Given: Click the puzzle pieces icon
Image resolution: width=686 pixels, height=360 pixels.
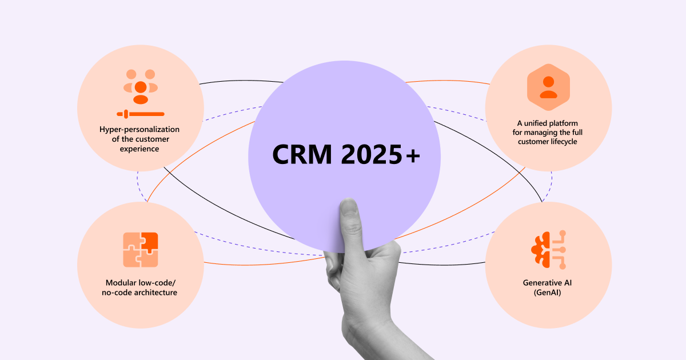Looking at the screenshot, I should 140,250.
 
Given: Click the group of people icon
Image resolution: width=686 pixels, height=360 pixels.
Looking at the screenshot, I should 140,86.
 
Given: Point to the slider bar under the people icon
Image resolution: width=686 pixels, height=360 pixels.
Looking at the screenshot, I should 140,114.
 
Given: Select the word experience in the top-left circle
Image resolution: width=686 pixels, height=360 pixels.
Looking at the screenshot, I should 140,149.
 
